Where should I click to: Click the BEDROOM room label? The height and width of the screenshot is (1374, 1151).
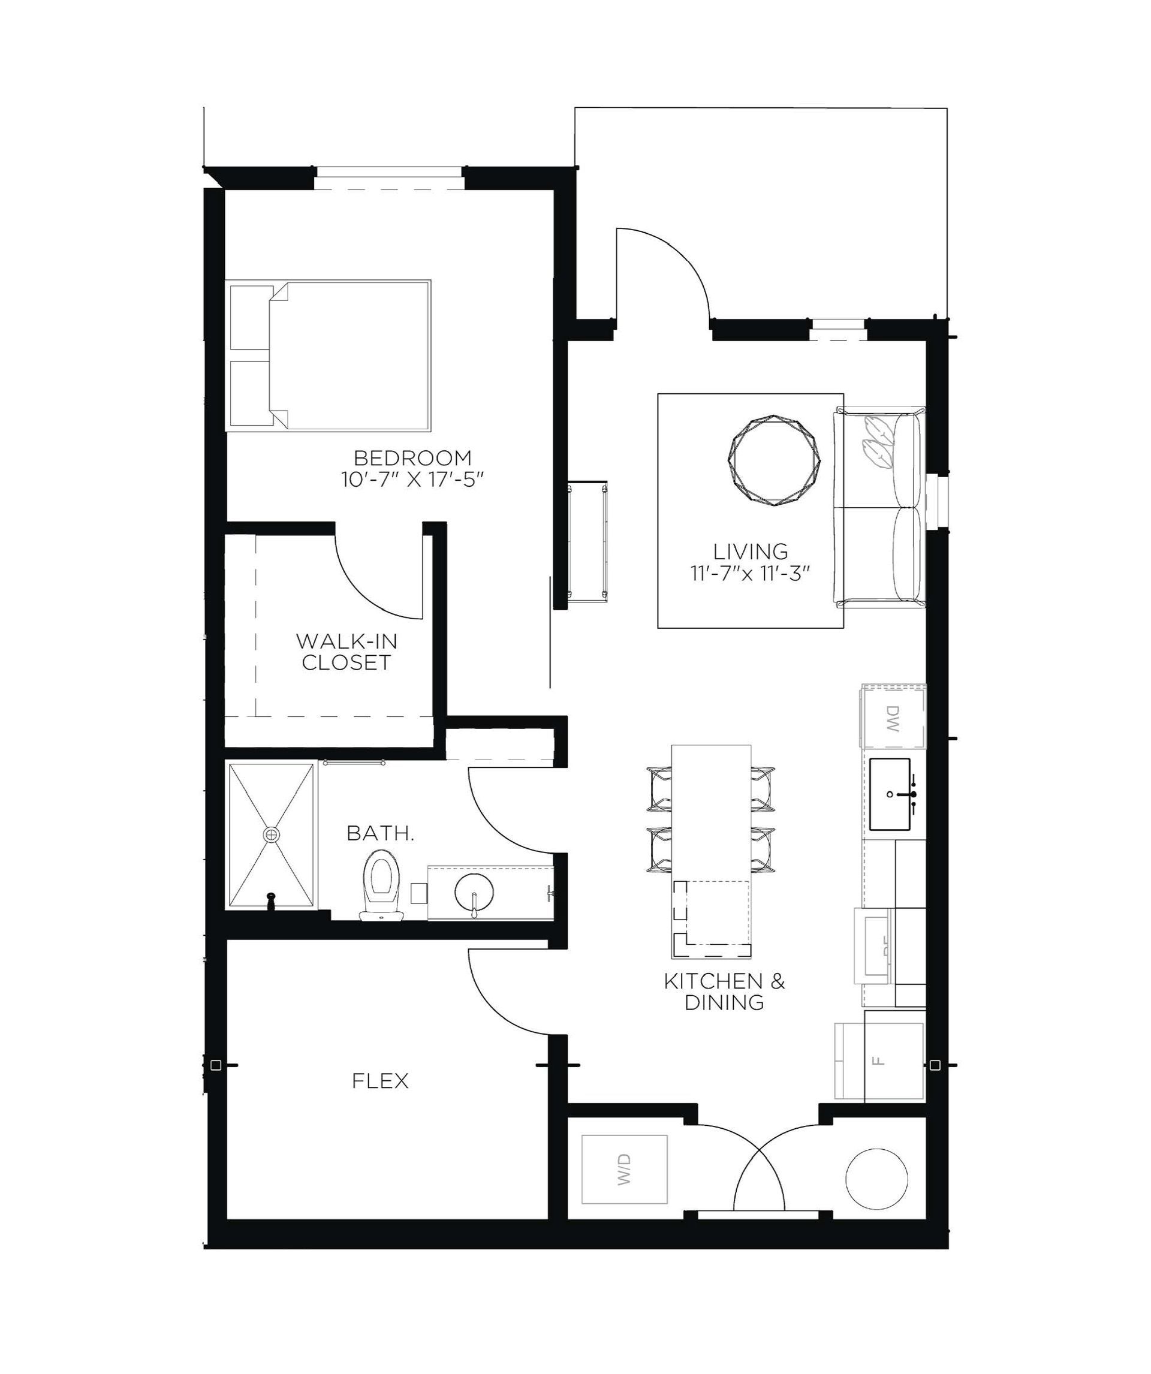coord(412,457)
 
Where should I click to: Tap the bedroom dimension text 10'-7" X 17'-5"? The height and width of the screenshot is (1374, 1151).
coord(412,480)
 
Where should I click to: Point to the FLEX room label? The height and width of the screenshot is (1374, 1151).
coord(380,1081)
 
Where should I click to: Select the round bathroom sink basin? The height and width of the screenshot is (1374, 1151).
coord(474,891)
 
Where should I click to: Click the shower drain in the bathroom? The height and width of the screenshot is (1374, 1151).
coord(271,834)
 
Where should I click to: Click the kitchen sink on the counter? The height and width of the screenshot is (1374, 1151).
coord(889,794)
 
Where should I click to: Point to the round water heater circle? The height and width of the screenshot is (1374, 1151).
coord(877,1179)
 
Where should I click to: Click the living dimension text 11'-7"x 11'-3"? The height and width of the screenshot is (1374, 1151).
coord(751,574)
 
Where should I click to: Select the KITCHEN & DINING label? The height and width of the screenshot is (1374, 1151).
coord(724,992)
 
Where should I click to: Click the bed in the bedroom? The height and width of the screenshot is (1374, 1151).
coord(350,355)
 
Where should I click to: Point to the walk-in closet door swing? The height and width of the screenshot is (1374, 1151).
coord(376,582)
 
